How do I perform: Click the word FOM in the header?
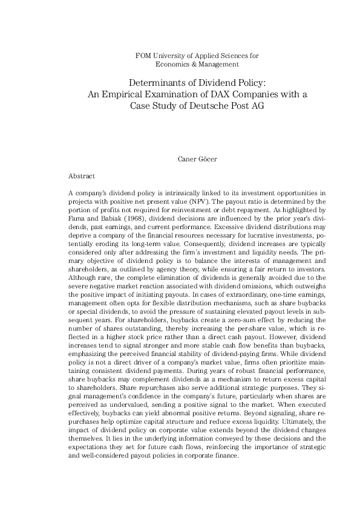[x=145, y=56]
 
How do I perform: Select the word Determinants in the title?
[x=155, y=82]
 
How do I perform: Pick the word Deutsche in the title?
[x=204, y=105]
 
